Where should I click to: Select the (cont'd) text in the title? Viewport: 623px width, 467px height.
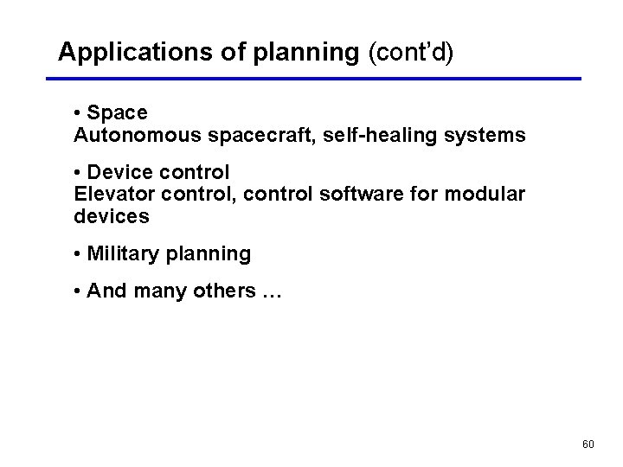pos(411,53)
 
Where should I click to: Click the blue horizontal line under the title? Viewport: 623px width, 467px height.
pos(312,79)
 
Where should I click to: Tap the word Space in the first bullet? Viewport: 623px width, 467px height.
pos(117,113)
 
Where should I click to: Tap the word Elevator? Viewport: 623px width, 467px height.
pos(111,195)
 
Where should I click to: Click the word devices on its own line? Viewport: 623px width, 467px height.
pos(111,217)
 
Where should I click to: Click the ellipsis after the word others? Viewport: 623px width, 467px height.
pos(270,292)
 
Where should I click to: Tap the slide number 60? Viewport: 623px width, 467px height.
pos(588,445)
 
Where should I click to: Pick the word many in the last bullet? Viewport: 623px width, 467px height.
pos(159,291)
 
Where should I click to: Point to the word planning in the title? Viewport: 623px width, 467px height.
pos(305,53)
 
